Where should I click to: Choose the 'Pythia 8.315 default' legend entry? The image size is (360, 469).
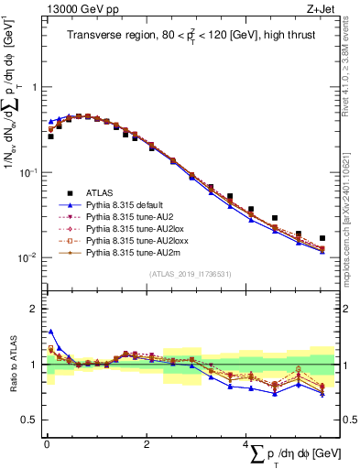coord(126,204)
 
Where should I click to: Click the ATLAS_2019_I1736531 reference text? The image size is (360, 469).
coord(184,275)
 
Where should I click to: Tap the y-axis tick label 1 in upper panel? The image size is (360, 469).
coord(35,87)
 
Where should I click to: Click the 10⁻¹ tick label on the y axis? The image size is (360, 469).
coord(30,171)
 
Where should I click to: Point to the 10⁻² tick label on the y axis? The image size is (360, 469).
coord(30,256)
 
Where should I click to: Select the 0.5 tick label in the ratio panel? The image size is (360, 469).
coord(30,420)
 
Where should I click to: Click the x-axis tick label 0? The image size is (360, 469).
coord(46,445)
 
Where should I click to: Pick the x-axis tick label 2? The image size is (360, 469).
coord(147,445)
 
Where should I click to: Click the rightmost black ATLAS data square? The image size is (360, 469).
coord(322,238)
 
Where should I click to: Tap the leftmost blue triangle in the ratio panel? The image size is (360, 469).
coord(51,332)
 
